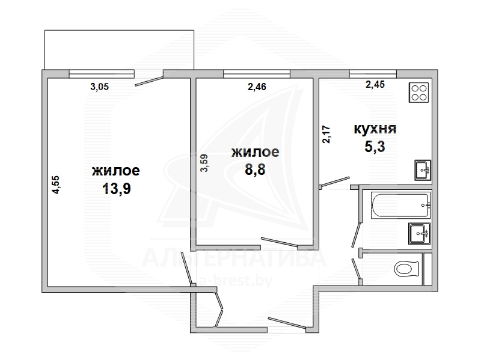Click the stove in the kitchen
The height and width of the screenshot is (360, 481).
click(x=418, y=93)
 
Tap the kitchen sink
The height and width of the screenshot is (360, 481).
click(x=423, y=170)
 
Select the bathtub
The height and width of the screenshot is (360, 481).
click(x=401, y=205)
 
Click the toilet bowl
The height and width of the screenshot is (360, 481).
click(x=406, y=269)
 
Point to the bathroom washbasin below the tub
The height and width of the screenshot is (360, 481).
click(x=419, y=233)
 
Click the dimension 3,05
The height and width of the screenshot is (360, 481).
click(x=99, y=87)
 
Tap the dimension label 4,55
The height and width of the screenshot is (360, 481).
click(x=56, y=185)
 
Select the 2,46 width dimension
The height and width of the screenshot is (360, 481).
click(x=257, y=87)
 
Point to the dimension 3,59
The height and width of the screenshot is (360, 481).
click(x=204, y=163)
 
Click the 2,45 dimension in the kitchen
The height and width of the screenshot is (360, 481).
click(x=375, y=84)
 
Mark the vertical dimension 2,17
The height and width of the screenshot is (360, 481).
click(x=326, y=134)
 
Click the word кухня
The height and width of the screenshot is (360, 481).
click(x=375, y=129)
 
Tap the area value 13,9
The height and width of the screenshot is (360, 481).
click(x=116, y=188)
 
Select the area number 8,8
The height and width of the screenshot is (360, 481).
click(x=255, y=169)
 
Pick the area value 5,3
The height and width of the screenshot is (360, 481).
click(x=375, y=147)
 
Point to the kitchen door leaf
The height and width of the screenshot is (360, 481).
click(x=335, y=182)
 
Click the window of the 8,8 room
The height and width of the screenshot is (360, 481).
click(x=257, y=73)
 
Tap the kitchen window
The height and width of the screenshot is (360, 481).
click(x=373, y=73)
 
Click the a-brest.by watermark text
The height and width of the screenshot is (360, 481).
click(x=236, y=280)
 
